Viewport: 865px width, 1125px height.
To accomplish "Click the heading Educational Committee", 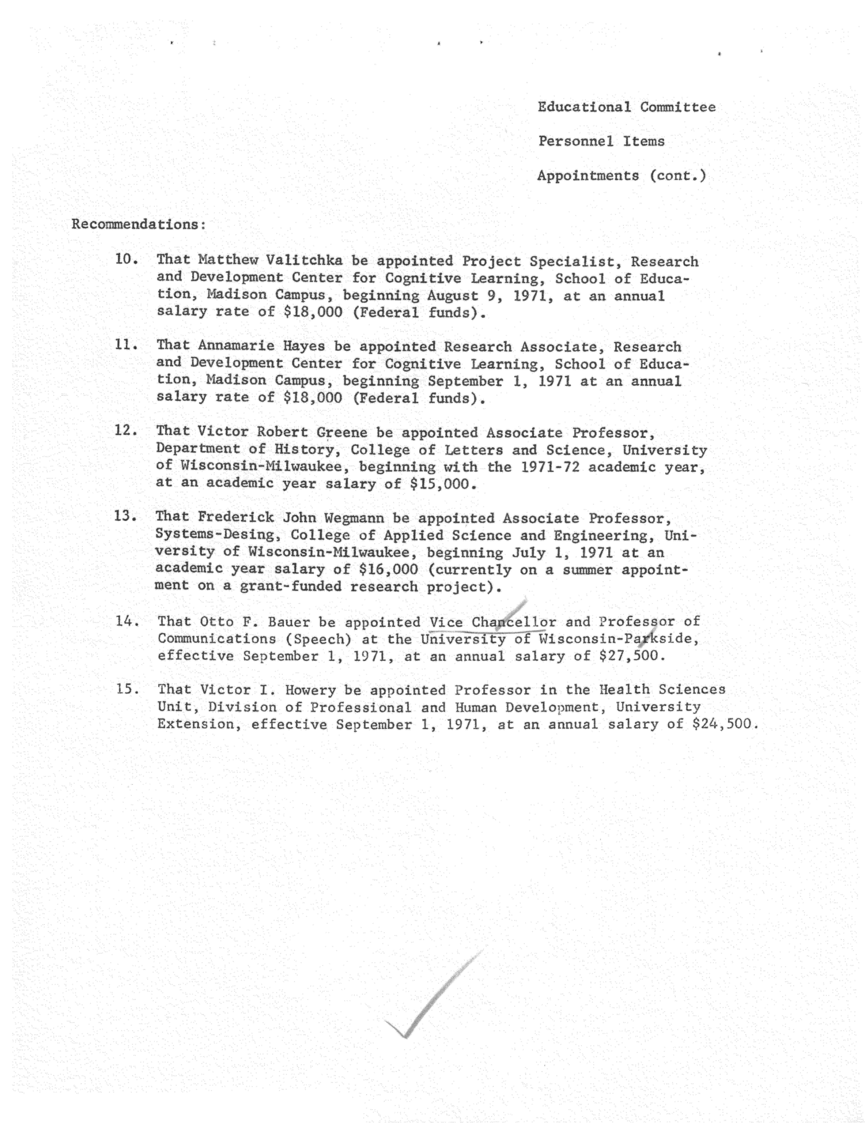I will click(626, 107).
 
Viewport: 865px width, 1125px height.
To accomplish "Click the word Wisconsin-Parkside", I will click(618, 639).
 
